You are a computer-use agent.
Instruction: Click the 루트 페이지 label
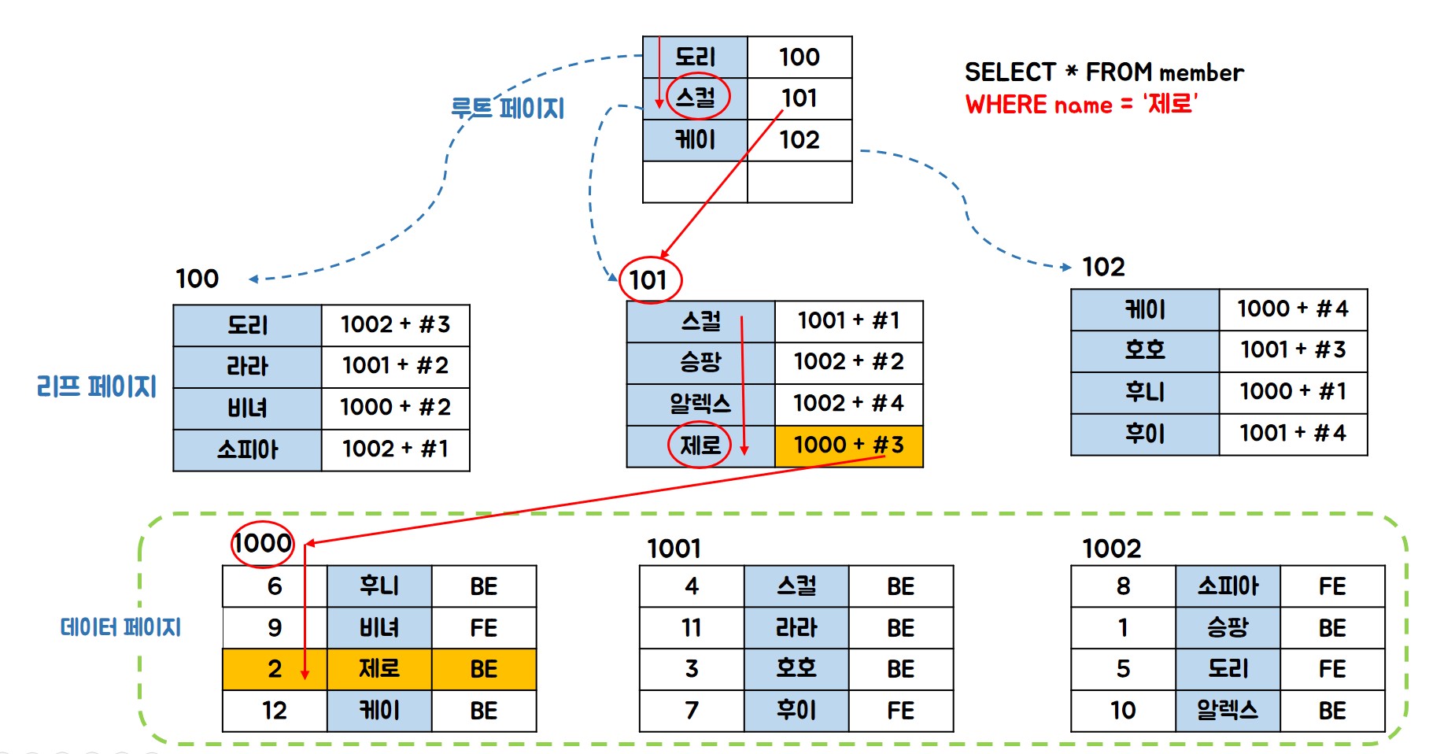tap(508, 108)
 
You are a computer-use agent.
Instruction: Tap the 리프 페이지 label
tap(96, 386)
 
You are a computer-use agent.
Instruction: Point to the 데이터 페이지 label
tap(120, 627)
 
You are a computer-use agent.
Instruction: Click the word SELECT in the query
tap(1010, 72)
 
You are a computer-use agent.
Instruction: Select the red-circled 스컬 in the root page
tap(697, 98)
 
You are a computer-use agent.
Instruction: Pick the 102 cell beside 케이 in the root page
tap(799, 140)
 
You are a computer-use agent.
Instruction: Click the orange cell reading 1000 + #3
tap(848, 445)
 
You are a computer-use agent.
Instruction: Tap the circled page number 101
tap(649, 279)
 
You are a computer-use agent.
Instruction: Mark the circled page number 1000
tap(262, 543)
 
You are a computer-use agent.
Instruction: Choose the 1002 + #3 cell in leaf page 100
tap(395, 324)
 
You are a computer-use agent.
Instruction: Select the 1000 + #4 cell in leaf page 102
tap(1292, 309)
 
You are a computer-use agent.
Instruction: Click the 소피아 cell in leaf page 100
tap(247, 449)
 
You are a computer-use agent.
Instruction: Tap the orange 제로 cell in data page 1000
tap(379, 669)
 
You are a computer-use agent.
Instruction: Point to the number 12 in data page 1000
tap(274, 711)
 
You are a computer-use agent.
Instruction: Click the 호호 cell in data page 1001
tap(796, 669)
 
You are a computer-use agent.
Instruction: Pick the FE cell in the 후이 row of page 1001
tap(900, 711)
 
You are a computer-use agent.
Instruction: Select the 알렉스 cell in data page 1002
tap(1227, 711)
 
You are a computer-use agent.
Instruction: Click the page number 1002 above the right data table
tap(1111, 549)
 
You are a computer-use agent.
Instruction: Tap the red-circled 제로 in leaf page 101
tap(700, 445)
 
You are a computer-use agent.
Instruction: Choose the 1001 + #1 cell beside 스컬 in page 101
tap(848, 321)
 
